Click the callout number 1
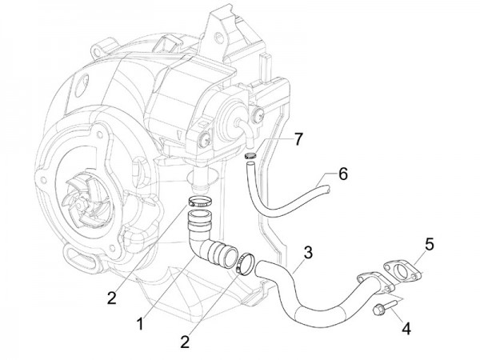click(142, 325)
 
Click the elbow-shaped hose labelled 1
click(205, 239)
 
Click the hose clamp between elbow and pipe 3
click(245, 262)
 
